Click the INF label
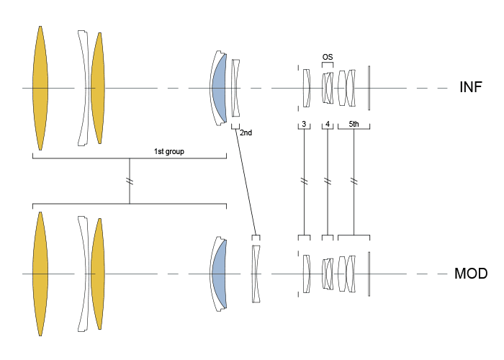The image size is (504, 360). tap(470, 88)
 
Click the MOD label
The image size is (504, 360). tap(472, 274)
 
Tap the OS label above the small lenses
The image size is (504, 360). tap(328, 56)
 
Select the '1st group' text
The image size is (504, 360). tap(167, 151)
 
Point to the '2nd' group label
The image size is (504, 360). tap(246, 132)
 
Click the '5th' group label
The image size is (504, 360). tap(354, 124)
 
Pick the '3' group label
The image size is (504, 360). tap(305, 124)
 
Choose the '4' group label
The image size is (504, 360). tap(328, 124)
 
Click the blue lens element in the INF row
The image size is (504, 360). tap(219, 88)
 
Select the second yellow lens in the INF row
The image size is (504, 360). tap(97, 88)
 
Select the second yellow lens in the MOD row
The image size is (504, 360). tap(97, 274)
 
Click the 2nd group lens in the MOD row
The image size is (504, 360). tap(254, 274)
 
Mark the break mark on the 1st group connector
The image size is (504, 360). tap(130, 179)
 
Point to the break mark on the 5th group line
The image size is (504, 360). tap(354, 181)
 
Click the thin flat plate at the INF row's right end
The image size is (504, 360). tap(369, 88)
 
